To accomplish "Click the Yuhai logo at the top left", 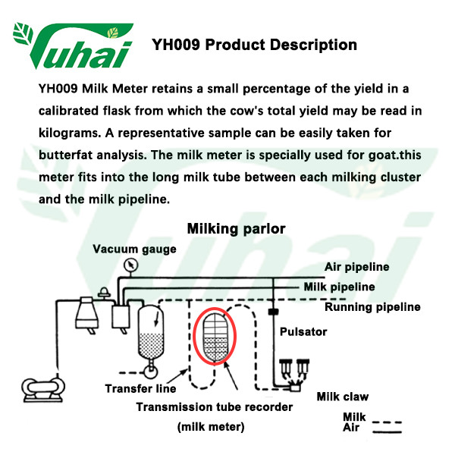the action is [x=73, y=45].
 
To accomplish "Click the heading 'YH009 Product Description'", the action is [x=254, y=45].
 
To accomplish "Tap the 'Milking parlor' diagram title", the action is [x=236, y=229].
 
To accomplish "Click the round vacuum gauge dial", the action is [x=130, y=265].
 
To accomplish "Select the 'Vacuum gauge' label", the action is [x=134, y=249].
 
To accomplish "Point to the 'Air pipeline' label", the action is [x=356, y=267].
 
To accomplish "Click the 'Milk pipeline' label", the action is [x=339, y=287].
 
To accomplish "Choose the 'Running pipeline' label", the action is [x=372, y=307].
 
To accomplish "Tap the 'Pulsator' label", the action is [x=303, y=331].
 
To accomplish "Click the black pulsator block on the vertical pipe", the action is [x=273, y=312].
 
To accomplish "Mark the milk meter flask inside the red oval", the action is [x=215, y=337].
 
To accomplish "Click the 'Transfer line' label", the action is [x=140, y=388].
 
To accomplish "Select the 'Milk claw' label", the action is [x=343, y=397].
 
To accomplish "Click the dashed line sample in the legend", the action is [x=387, y=422].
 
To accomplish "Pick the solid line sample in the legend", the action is [x=387, y=432].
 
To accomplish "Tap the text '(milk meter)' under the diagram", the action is [x=211, y=427].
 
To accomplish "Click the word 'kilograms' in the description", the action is [x=70, y=133].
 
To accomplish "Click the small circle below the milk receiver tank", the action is [x=151, y=372].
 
